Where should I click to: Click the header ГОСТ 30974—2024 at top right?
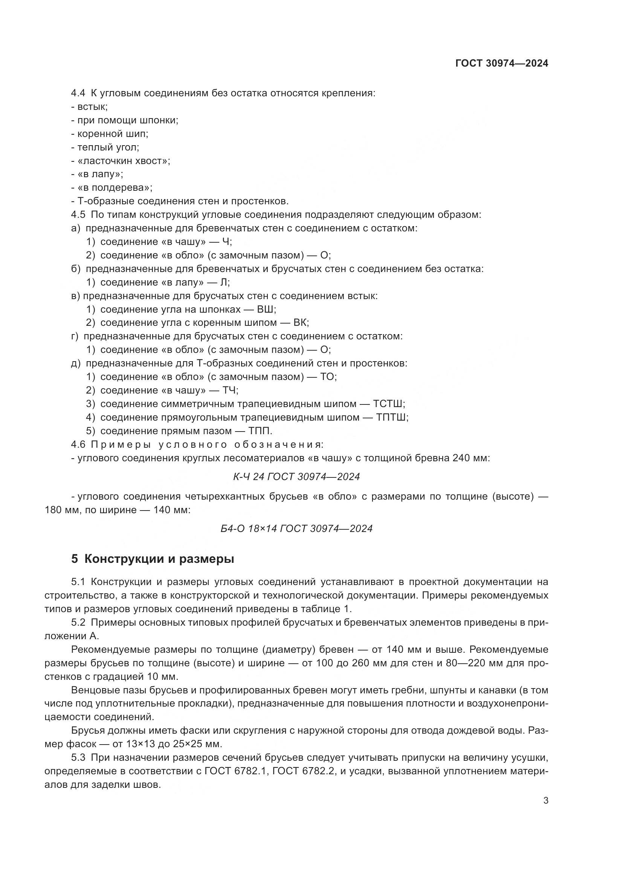click(502, 63)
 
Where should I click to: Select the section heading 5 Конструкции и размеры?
click(152, 559)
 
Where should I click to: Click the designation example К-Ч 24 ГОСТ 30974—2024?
click(296, 476)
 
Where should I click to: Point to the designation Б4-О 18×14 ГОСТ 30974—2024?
click(296, 529)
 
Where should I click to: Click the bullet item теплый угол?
click(108, 147)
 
